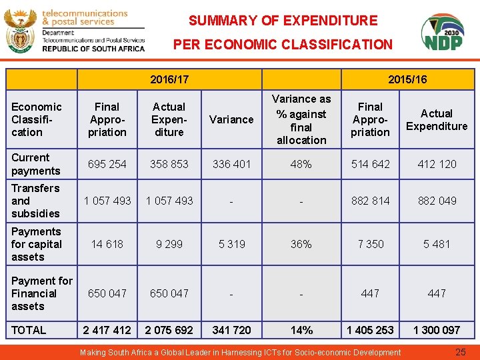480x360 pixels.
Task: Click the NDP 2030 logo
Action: coord(443,33)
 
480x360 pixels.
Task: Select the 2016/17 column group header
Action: coord(169,79)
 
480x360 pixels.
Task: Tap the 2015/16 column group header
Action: coord(407,79)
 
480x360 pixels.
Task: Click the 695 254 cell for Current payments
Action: coord(107,164)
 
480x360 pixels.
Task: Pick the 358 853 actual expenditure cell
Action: coord(169,164)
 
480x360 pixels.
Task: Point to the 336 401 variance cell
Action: coord(231,164)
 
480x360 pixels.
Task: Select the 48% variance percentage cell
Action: coord(301,164)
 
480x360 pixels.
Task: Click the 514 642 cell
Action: coord(371,164)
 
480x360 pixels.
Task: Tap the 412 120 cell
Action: coord(437,164)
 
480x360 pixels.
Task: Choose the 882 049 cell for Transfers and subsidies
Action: coord(437,201)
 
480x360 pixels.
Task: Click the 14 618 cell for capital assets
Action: coord(107,244)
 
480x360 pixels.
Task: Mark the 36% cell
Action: coord(301,244)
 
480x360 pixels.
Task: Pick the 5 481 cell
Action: coord(437,244)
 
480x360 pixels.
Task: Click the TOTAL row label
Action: coord(29,330)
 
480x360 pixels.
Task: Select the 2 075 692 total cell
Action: coord(169,330)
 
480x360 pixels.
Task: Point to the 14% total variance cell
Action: coord(301,330)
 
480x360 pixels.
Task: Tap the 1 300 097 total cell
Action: coord(437,330)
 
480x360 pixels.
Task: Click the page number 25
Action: coord(460,352)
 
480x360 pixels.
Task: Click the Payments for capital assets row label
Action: coord(37,244)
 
